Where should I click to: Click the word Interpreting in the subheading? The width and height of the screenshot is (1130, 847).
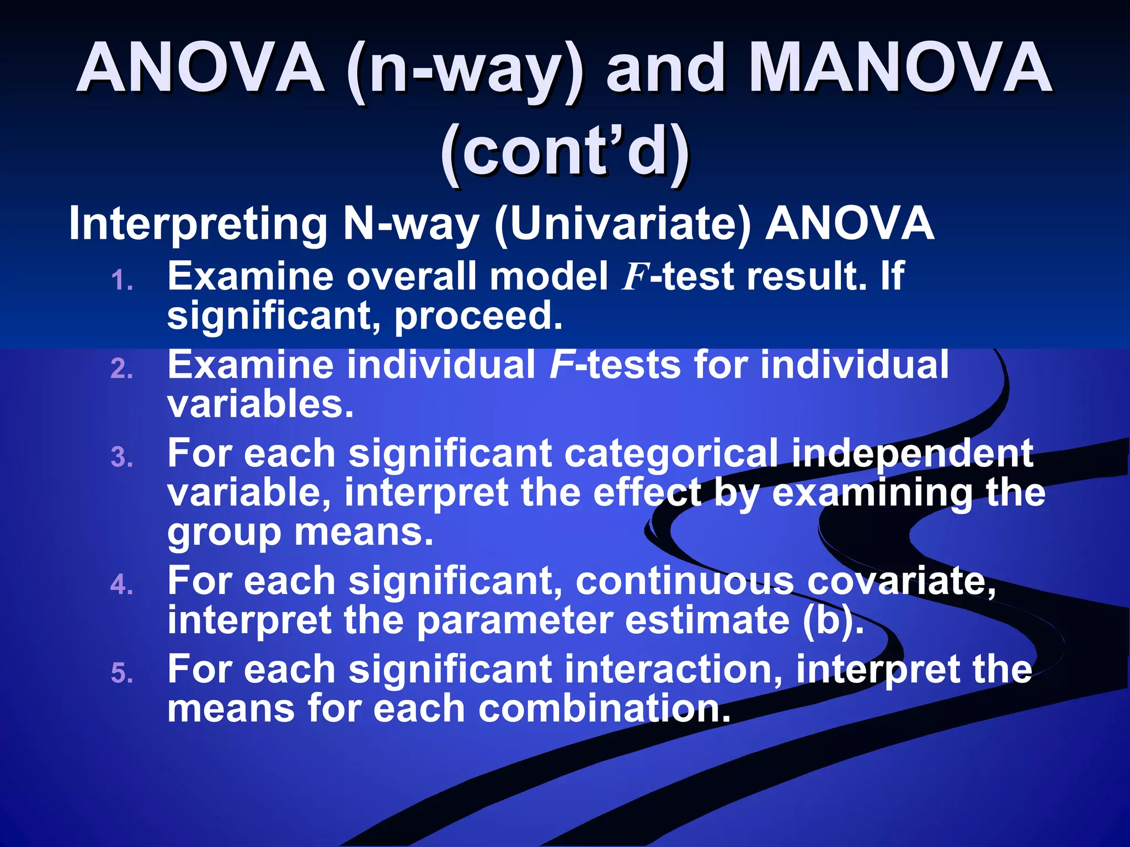199,224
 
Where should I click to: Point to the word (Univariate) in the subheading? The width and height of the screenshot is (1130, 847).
623,224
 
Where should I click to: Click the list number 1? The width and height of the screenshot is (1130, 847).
122,281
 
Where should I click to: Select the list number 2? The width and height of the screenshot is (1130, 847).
122,369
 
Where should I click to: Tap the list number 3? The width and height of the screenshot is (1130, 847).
122,457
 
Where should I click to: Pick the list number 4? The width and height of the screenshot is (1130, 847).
122,585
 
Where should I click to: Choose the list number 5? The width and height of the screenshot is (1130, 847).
122,673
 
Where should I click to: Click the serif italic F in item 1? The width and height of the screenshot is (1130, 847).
633,277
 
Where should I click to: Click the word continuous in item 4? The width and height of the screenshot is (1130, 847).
684,582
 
